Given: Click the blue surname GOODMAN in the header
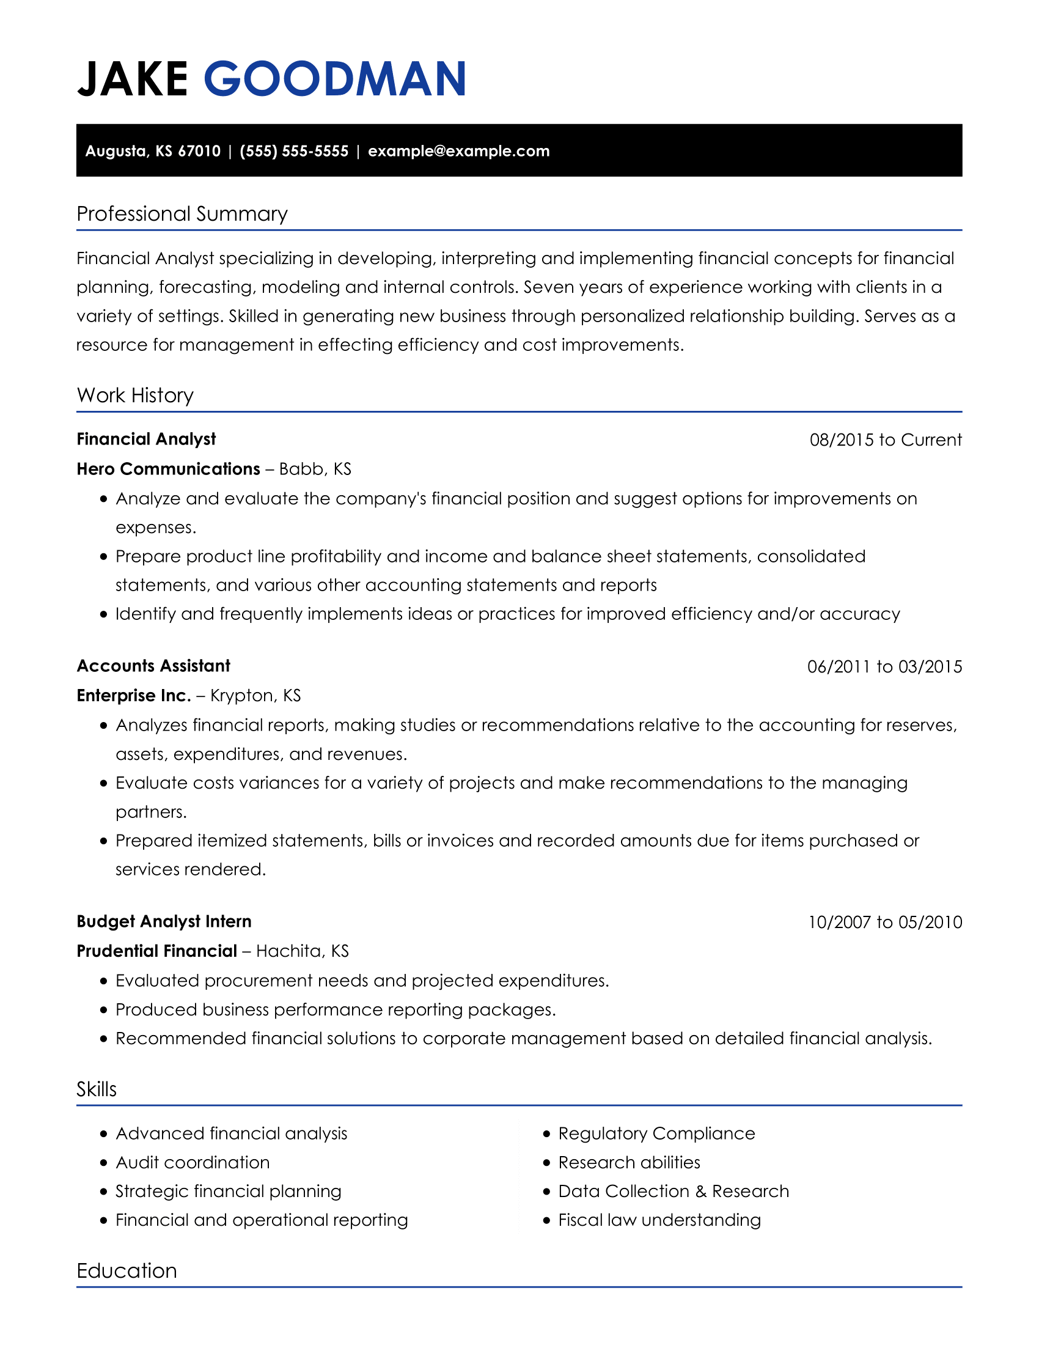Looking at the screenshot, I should (334, 79).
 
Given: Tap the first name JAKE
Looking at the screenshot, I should (133, 79).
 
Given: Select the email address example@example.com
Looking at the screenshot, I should (458, 151).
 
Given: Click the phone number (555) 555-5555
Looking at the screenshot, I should (293, 151).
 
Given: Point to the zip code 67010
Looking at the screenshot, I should (199, 151).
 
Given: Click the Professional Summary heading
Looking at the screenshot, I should (182, 214).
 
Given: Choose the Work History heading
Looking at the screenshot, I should (135, 395).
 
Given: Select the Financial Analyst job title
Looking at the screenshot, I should (146, 439).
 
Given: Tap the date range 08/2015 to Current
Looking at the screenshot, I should (885, 440).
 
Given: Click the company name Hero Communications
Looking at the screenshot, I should (168, 469).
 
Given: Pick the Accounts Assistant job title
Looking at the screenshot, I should (153, 666).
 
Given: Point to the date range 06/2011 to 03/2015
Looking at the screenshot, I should (884, 666).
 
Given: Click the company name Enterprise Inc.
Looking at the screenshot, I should (134, 695).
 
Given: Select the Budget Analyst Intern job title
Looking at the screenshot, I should (164, 921).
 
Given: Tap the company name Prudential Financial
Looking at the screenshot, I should (156, 951).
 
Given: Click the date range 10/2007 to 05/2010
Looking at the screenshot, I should (884, 922).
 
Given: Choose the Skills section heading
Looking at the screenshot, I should (96, 1089).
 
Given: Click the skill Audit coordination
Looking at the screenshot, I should (193, 1162).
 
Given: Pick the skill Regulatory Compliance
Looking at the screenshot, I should (656, 1133).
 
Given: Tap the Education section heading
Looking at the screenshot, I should (126, 1270).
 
